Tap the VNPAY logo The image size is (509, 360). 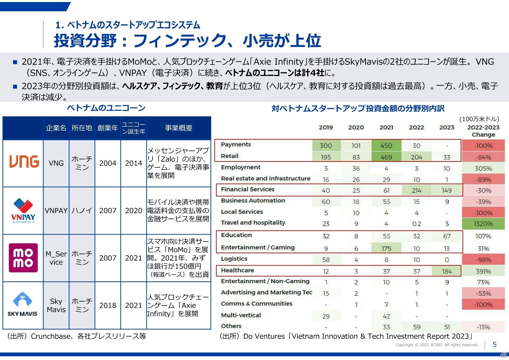pyautogui.click(x=23, y=210)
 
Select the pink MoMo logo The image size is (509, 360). pyautogui.click(x=23, y=258)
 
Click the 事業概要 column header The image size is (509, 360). pyautogui.click(x=179, y=128)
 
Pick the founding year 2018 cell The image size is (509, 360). pyautogui.click(x=108, y=305)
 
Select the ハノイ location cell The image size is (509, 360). pyautogui.click(x=82, y=210)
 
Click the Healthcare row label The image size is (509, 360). pyautogui.click(x=237, y=271)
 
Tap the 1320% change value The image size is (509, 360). pyautogui.click(x=483, y=224)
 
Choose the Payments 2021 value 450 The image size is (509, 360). pyautogui.click(x=386, y=145)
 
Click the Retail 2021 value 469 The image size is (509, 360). pyautogui.click(x=386, y=157)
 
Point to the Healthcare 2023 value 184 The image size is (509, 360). pyautogui.click(x=447, y=271)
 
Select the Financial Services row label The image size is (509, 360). pyautogui.click(x=248, y=189)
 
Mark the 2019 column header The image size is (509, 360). pyautogui.click(x=326, y=127)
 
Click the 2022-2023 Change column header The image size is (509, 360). pyautogui.click(x=483, y=131)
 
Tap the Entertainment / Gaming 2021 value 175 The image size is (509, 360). pyautogui.click(x=386, y=249)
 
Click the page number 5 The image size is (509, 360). pyautogui.click(x=494, y=345)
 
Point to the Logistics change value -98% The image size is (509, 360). pyautogui.click(x=483, y=260)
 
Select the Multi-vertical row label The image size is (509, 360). pyautogui.click(x=241, y=315)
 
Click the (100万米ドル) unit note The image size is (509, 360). pyautogui.click(x=479, y=119)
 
